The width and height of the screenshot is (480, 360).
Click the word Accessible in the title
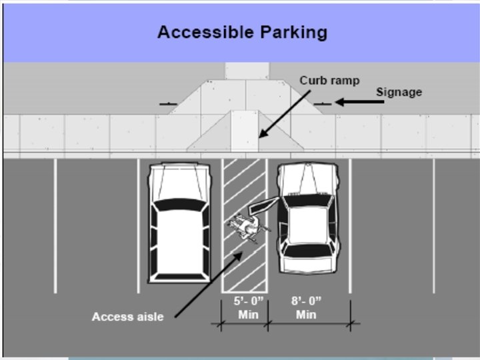(199, 32)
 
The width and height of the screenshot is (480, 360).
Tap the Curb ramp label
(329, 81)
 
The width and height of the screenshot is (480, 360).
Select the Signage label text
(399, 92)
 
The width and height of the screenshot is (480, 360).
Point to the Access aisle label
(127, 317)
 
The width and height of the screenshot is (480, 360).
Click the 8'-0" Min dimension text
(306, 307)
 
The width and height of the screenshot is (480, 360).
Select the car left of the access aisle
(178, 222)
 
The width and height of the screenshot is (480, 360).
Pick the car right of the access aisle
(308, 217)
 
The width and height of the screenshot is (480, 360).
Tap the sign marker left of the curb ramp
(168, 104)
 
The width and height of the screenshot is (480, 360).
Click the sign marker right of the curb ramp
(322, 103)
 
